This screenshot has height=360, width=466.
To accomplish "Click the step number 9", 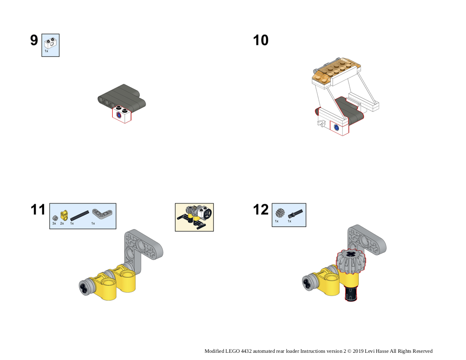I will tap(34, 40).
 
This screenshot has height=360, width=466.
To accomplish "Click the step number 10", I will tap(261, 40).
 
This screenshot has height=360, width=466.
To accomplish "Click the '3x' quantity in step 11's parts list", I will tap(54, 223).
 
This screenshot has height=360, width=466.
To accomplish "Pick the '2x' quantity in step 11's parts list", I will tap(62, 223).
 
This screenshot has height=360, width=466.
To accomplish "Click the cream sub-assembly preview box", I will tap(194, 217).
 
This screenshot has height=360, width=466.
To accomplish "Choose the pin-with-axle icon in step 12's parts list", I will tap(294, 213).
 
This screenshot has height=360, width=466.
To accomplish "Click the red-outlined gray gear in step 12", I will tap(351, 260).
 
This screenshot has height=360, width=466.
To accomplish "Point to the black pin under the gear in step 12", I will tap(350, 293).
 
